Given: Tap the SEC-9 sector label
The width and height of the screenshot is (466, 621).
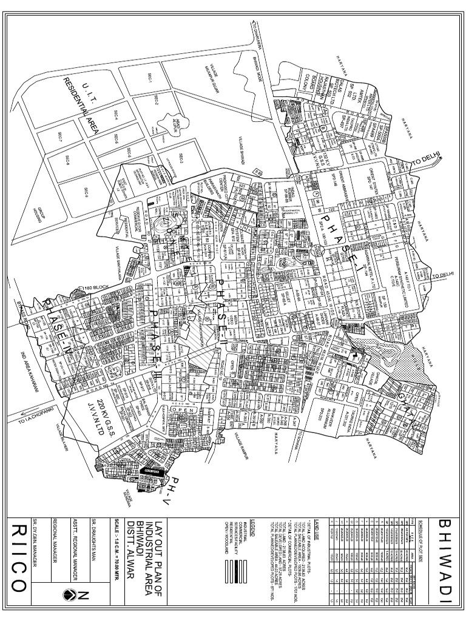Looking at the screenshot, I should [85, 193].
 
